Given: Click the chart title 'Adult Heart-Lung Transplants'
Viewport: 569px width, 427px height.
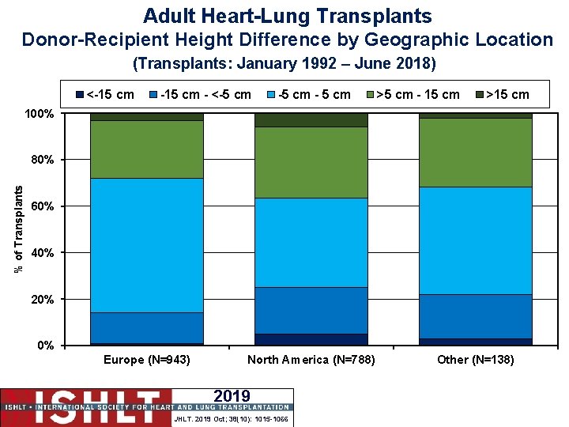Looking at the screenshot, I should pos(288,15).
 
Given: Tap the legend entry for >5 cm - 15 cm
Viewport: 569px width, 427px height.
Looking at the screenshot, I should pos(412,95).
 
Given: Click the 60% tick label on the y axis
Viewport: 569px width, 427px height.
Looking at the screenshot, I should pos(41,206).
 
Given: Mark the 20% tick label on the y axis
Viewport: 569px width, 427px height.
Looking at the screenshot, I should pos(41,300).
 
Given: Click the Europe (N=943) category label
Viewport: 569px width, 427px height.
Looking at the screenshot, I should pos(147,360).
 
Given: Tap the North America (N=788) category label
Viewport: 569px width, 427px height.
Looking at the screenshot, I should pos(311,360).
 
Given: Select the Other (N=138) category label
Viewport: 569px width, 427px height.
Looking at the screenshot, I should pos(476,360).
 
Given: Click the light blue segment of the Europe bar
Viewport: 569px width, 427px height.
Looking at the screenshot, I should pos(146,245).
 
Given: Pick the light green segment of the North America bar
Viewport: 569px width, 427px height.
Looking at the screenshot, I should pos(311,162).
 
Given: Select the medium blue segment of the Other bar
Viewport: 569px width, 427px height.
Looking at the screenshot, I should pos(476,316).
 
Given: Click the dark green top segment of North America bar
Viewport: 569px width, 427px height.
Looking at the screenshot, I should pos(311,119).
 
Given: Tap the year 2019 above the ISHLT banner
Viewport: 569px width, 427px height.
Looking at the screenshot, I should pos(232,396).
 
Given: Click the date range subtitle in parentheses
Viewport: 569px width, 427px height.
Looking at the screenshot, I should pos(284,62).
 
